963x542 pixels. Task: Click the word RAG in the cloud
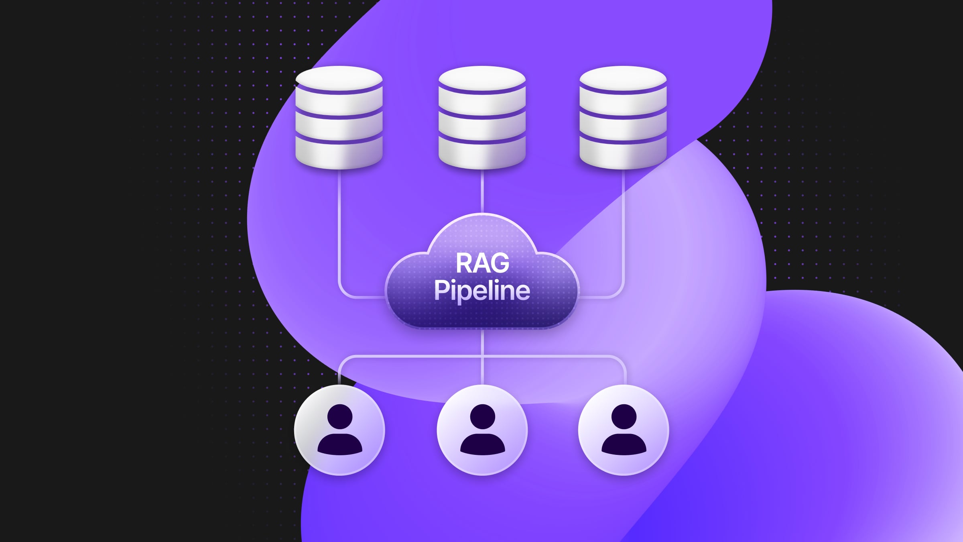pyautogui.click(x=482, y=263)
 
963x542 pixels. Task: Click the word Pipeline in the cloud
pyautogui.click(x=482, y=290)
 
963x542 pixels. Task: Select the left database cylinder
pyautogui.click(x=339, y=117)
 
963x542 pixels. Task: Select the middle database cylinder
pyautogui.click(x=482, y=117)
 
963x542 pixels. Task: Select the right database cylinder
pyautogui.click(x=623, y=117)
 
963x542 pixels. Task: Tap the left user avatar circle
pyautogui.click(x=339, y=430)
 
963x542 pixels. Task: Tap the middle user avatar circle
pyautogui.click(x=482, y=430)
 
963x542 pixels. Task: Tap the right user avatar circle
pyautogui.click(x=624, y=430)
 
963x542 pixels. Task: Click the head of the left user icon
pyautogui.click(x=340, y=416)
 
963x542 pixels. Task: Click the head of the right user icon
pyautogui.click(x=624, y=416)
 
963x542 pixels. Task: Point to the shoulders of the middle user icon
pyautogui.click(x=482, y=445)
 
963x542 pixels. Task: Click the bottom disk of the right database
pyautogui.click(x=623, y=154)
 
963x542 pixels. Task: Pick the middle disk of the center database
pyautogui.click(x=482, y=128)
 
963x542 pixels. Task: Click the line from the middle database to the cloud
pyautogui.click(x=482, y=191)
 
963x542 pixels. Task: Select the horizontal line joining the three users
pyautogui.click(x=413, y=356)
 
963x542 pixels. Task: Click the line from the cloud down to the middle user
pyautogui.click(x=482, y=343)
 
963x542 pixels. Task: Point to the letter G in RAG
pyautogui.click(x=500, y=263)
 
